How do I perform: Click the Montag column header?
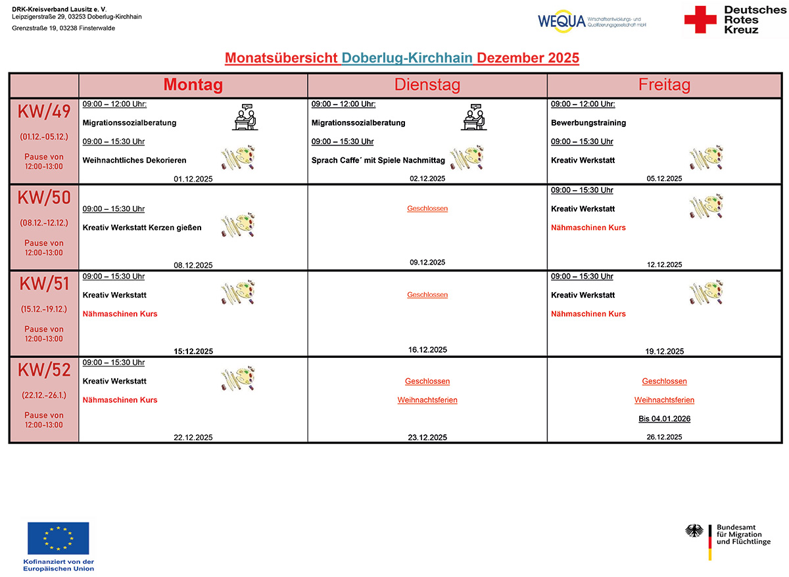(193, 85)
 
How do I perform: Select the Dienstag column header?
(427, 85)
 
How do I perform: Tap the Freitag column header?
(664, 85)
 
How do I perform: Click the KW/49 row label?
(44, 113)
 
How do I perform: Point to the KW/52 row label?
(44, 371)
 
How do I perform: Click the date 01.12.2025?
(193, 178)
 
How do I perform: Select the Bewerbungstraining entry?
(588, 123)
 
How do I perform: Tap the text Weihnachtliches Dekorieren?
(134, 160)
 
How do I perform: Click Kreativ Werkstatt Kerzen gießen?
(142, 228)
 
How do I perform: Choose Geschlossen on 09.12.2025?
(427, 209)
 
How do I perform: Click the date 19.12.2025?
(664, 351)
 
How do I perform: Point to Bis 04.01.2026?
(664, 419)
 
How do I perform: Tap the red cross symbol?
(700, 20)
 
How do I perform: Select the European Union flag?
(58, 538)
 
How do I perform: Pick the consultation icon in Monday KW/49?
(245, 117)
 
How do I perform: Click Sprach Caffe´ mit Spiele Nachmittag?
(378, 160)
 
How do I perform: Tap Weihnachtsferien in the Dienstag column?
(427, 400)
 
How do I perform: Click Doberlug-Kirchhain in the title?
(407, 58)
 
